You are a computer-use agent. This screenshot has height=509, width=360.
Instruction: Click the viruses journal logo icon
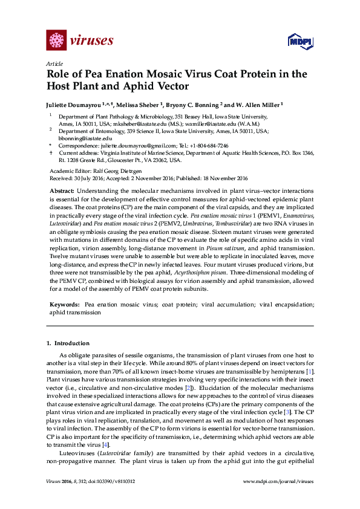click(x=56, y=41)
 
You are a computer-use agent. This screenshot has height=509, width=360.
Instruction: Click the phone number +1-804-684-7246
click(x=208, y=146)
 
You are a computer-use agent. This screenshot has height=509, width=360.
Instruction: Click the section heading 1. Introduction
click(x=68, y=343)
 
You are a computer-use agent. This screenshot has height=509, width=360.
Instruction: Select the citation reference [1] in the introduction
click(x=309, y=370)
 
